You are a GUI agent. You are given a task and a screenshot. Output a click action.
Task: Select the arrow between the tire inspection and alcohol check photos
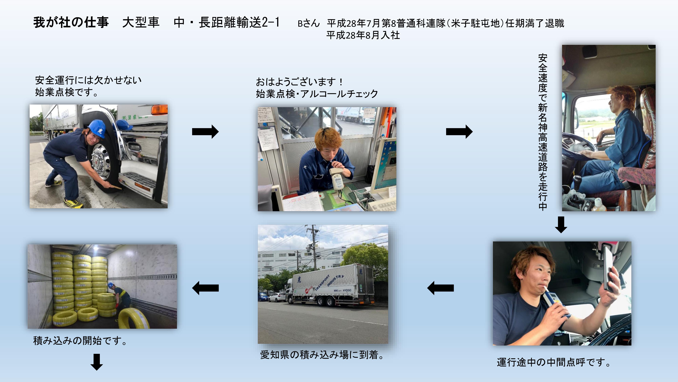coord(205,132)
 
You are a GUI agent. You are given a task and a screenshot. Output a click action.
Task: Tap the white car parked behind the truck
coord(277,297)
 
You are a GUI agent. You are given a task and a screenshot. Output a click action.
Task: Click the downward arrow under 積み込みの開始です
coord(97,362)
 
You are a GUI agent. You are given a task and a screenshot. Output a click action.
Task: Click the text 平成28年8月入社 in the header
coord(363,35)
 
